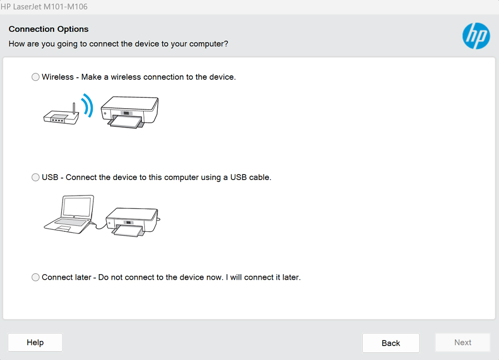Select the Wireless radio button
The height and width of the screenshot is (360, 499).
coord(35,77)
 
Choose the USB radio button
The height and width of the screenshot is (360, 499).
coord(35,177)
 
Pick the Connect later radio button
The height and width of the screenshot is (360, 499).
coord(35,277)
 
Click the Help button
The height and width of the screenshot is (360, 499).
coord(35,343)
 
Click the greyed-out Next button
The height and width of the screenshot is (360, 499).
coord(463,343)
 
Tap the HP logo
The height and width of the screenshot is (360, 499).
coord(476,36)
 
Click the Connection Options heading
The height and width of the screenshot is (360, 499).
coord(48,29)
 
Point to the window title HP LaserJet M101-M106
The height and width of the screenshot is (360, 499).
coord(44,6)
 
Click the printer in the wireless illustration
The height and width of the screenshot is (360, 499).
coord(130,112)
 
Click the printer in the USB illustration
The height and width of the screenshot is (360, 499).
coord(132,222)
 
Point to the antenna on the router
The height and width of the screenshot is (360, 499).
coord(74,108)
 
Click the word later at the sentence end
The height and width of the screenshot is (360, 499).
coord(290,277)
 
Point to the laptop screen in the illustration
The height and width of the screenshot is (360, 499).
coord(77,206)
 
